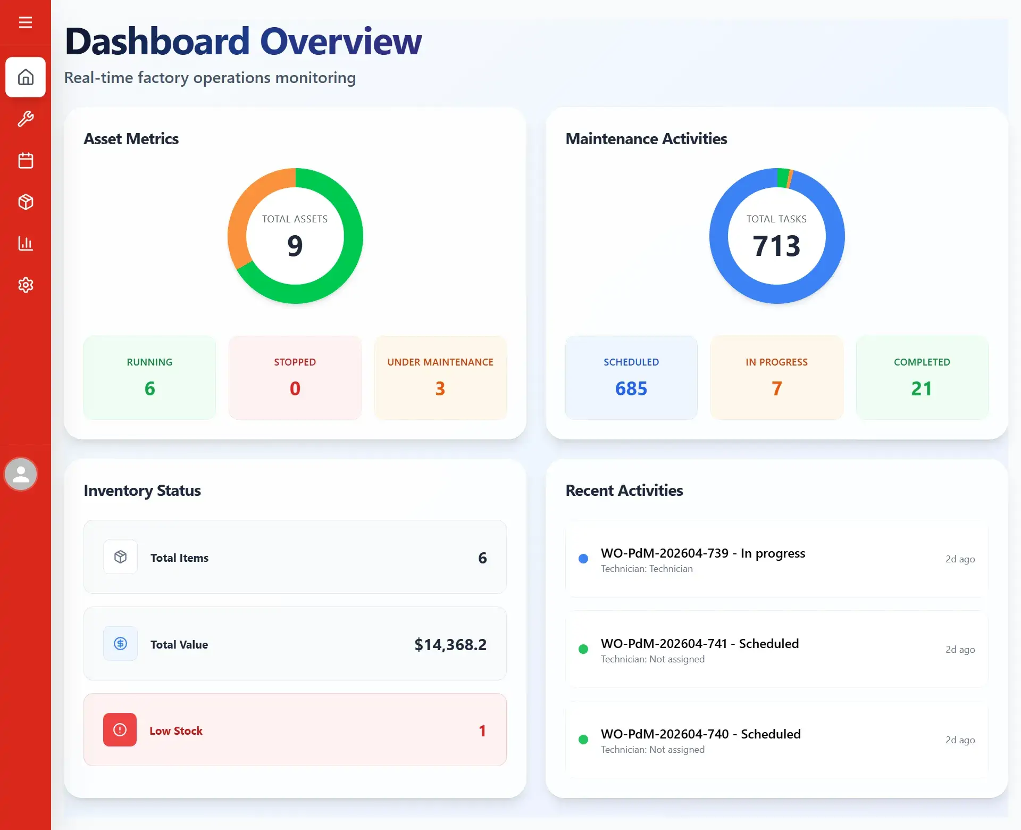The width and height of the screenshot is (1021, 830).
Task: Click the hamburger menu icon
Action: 26,22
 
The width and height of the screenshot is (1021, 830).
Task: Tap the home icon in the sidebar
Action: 26,77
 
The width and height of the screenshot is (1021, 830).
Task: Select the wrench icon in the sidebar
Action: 26,119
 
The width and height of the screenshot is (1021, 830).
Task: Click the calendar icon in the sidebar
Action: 26,160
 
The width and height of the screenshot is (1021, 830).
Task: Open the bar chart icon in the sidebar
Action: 26,244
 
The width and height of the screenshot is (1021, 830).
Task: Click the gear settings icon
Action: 26,285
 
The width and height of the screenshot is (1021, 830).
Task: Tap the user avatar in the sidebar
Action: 21,474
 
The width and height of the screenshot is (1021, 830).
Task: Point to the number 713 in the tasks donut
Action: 776,246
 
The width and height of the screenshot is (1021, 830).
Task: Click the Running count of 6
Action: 150,388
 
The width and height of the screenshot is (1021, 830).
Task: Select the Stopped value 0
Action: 295,388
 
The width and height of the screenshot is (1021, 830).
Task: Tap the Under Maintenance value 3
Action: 440,388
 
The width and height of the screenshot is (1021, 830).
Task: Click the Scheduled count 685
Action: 631,388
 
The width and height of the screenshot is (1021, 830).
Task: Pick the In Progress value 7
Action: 777,388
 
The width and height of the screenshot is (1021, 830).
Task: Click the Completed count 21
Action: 922,388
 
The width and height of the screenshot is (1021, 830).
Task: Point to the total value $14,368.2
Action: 450,644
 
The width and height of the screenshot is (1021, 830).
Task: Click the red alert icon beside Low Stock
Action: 120,729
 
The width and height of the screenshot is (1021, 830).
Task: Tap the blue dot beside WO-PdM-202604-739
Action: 583,559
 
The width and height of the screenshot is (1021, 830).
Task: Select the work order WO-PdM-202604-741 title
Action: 700,644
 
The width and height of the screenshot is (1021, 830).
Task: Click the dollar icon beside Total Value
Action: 120,643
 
